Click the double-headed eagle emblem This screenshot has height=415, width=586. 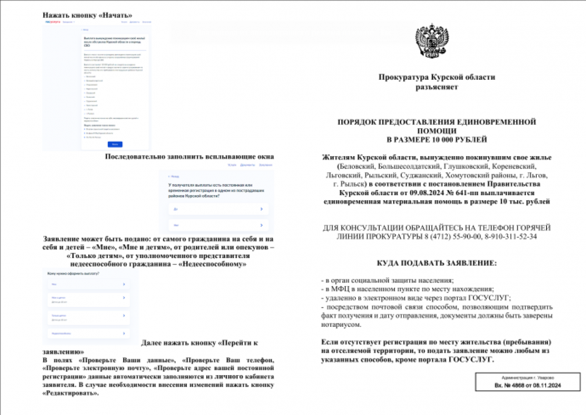[x=432, y=41]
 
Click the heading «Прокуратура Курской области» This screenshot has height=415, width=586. [x=437, y=77]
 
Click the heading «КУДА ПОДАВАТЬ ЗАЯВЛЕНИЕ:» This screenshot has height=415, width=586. [x=437, y=263]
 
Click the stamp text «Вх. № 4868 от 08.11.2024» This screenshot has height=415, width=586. [x=527, y=385]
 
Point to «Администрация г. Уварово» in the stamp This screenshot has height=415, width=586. [x=527, y=378]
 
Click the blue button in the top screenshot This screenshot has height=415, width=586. [x=115, y=144]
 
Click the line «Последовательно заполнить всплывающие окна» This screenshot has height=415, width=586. [x=189, y=157]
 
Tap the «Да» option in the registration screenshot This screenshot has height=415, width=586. [x=176, y=209]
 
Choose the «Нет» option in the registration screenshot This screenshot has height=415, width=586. [x=176, y=225]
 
